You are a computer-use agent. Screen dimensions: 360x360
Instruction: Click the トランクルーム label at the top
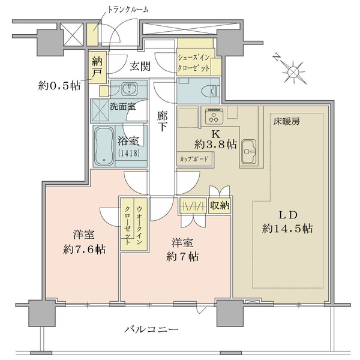128,10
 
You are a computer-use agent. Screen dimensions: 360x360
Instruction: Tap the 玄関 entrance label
140,67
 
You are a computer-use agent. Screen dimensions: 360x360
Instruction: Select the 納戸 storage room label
97,67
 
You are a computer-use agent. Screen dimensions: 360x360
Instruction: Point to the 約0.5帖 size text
59,86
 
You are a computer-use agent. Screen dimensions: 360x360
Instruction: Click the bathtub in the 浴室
104,146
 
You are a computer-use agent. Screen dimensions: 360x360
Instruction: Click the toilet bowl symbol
211,92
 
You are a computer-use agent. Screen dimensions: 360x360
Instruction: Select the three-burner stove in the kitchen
214,116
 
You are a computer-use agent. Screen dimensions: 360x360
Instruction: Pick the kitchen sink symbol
248,151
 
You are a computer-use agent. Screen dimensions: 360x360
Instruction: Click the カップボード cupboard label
194,159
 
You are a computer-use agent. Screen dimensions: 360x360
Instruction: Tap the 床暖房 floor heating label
286,122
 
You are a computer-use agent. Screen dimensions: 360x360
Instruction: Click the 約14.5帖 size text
287,229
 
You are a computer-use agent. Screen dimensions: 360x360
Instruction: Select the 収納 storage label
220,205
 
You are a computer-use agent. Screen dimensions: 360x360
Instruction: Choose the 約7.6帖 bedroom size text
84,250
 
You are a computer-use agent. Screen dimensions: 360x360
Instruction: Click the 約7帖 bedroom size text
182,257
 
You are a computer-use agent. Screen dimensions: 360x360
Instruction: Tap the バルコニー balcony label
151,330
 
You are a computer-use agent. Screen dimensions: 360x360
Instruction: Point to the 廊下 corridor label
163,121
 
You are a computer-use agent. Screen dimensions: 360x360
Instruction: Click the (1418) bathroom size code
128,153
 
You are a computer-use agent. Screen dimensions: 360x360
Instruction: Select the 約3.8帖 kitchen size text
215,145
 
